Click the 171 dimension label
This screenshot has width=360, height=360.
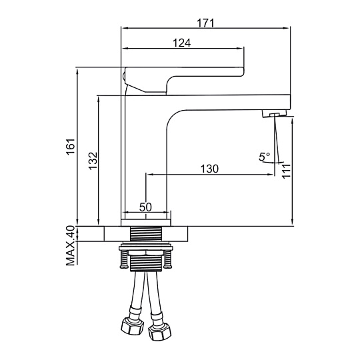tap(205, 23)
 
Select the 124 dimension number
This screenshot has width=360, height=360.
tap(181, 43)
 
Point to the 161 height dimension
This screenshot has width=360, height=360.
tap(71, 147)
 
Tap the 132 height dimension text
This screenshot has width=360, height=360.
tap(93, 161)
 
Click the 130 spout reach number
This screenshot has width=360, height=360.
tap(209, 169)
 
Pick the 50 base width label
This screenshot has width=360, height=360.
tap(145, 207)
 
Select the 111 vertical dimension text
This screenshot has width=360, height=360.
tap(286, 171)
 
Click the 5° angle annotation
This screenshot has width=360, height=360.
tap(264, 157)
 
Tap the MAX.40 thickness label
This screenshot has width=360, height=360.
tap(71, 245)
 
